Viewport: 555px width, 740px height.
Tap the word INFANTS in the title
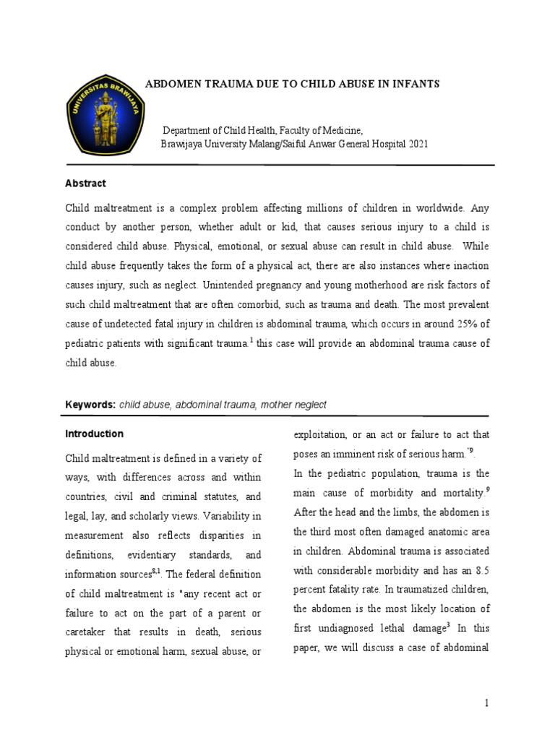coord(413,85)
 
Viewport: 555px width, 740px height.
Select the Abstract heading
coord(85,184)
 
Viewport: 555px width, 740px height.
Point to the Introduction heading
coord(94,434)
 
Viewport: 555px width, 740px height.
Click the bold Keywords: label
coord(90,405)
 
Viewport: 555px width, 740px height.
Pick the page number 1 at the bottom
coord(487,702)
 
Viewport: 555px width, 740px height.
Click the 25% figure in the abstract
coord(456,325)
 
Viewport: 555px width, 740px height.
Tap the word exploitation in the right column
coord(319,434)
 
